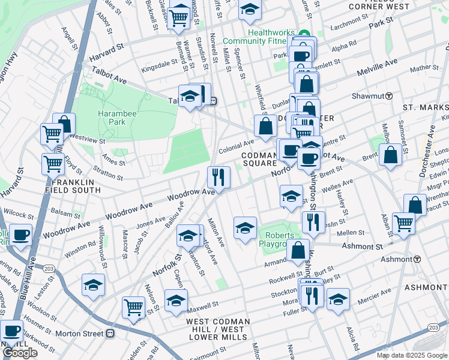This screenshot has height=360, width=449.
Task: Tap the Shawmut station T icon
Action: pyautogui.click(x=389, y=96)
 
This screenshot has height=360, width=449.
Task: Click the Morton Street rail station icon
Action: pyautogui.click(x=110, y=333)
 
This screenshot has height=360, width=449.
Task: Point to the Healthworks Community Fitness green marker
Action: pyautogui.click(x=304, y=34)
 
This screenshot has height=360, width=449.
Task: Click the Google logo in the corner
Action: pyautogui.click(x=20, y=353)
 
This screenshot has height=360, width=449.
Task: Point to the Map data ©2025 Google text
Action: pyautogui.click(x=411, y=355)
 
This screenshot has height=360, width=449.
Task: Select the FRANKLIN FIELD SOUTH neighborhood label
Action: pyautogui.click(x=76, y=186)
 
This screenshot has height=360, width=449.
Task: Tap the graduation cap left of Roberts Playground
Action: pyautogui.click(x=245, y=228)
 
